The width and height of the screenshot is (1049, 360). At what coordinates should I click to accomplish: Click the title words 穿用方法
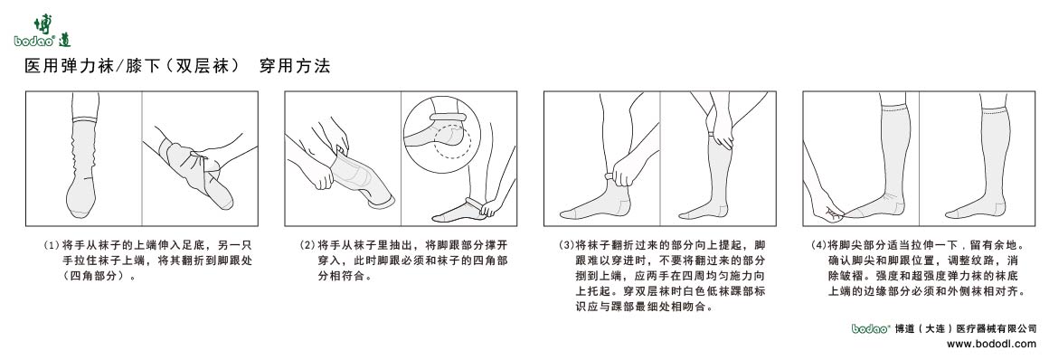pyautogui.click(x=295, y=67)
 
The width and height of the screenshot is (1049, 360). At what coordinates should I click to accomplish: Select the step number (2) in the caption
pyautogui.click(x=307, y=245)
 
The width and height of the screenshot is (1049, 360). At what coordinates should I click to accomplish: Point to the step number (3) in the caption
pyautogui.click(x=567, y=245)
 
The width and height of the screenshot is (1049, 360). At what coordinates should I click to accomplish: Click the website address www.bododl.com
pyautogui.click(x=991, y=344)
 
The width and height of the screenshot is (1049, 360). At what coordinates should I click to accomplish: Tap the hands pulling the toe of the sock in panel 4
pyautogui.click(x=827, y=208)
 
